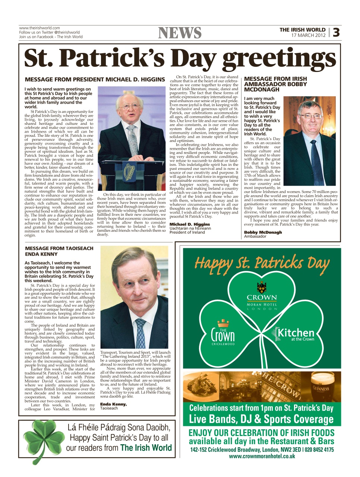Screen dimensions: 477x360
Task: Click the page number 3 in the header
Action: coord(336,33)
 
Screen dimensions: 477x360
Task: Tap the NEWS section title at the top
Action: coord(180,33)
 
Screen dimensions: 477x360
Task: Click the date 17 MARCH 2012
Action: coord(308,35)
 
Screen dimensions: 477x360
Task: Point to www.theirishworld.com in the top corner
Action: coord(40,28)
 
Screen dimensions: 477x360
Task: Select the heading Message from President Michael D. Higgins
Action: coord(95,79)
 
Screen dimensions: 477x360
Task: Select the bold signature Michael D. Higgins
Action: coord(190,224)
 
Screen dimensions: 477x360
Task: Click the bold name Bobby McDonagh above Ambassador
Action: coord(263,232)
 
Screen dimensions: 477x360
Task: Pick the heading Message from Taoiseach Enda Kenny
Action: coord(59,251)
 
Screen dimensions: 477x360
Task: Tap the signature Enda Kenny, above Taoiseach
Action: coord(113,404)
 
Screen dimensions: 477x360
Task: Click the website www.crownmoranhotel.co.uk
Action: coord(262,456)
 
